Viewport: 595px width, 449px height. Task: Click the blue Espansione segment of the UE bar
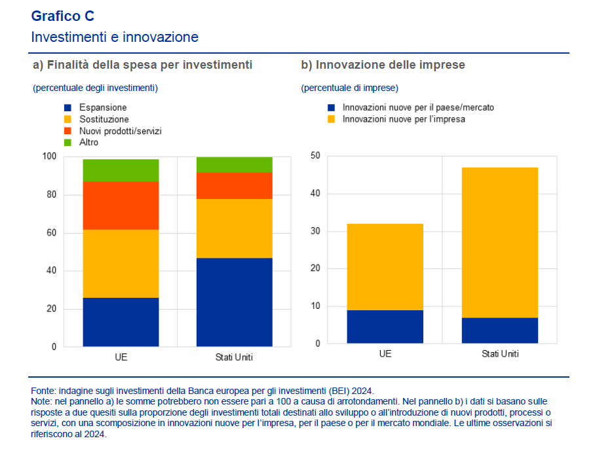pyautogui.click(x=121, y=322)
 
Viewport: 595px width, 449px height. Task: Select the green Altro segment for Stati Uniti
pyautogui.click(x=234, y=164)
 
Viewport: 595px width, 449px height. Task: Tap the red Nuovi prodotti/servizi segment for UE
pyautogui.click(x=121, y=206)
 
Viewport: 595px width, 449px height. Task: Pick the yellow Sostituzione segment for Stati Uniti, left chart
pyautogui.click(x=234, y=228)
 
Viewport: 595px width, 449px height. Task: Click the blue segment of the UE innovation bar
pyautogui.click(x=385, y=327)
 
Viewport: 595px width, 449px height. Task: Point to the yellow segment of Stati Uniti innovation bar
pyautogui.click(x=499, y=243)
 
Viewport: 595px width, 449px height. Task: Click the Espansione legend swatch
pyautogui.click(x=67, y=107)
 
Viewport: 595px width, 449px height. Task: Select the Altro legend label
pyautogui.click(x=88, y=143)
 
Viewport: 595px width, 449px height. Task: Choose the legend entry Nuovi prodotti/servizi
pyautogui.click(x=120, y=131)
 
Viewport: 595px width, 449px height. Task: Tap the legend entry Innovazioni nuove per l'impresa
pyautogui.click(x=404, y=119)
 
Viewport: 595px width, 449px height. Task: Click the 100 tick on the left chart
pyautogui.click(x=50, y=156)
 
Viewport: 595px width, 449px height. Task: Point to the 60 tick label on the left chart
pyautogui.click(x=52, y=233)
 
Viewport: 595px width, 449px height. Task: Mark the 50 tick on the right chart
pyautogui.click(x=315, y=156)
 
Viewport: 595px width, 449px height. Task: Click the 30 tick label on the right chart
pyautogui.click(x=315, y=231)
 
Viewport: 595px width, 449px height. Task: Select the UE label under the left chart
pyautogui.click(x=121, y=357)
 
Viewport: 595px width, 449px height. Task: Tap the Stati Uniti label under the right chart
pyautogui.click(x=499, y=354)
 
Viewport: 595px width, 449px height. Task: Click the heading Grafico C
pyautogui.click(x=63, y=16)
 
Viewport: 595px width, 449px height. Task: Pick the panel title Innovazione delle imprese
pyautogui.click(x=383, y=65)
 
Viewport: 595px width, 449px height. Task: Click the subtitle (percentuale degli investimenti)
pyautogui.click(x=95, y=88)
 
